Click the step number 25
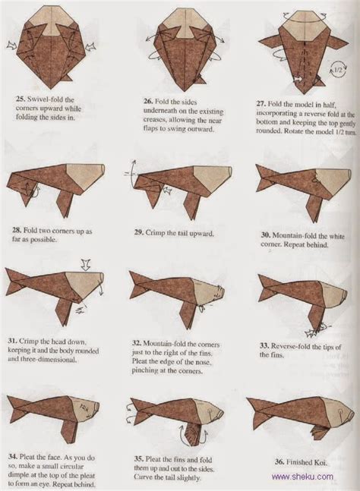pyautogui.click(x=21, y=98)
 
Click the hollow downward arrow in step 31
pyautogui.click(x=87, y=265)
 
